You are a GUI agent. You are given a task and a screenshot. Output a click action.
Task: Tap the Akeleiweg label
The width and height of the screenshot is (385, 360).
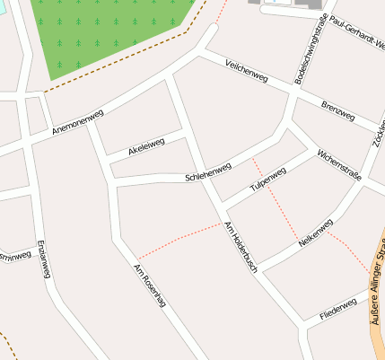point(146,146)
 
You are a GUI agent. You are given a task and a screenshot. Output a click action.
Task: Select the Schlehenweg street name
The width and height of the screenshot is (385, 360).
point(208,171)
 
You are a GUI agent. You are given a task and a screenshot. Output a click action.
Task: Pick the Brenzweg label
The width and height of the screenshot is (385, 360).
point(337,110)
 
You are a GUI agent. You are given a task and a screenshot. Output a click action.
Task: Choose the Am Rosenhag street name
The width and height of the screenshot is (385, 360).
point(149,286)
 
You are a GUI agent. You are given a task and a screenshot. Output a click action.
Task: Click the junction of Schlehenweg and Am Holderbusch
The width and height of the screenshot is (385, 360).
point(203,176)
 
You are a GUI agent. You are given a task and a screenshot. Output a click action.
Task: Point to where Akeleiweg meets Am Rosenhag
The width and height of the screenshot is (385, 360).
point(109,162)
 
